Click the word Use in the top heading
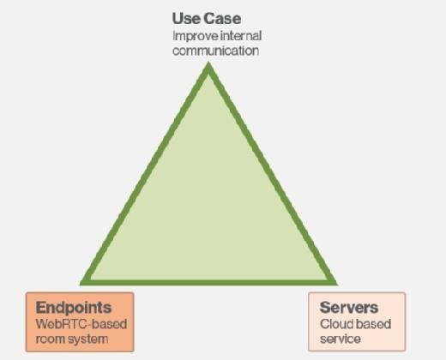(186, 19)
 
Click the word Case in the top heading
(222, 19)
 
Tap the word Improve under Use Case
(196, 36)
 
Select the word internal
(241, 36)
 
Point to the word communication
(216, 51)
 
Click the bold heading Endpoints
(74, 308)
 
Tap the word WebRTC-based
(81, 324)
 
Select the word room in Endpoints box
(47, 339)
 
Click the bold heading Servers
(349, 308)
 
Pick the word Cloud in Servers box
(334, 324)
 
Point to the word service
(341, 339)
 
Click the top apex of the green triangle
(208, 63)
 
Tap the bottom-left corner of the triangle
(80, 285)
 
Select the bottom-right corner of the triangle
(338, 285)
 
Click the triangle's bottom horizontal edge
(208, 283)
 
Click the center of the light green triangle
(208, 208)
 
